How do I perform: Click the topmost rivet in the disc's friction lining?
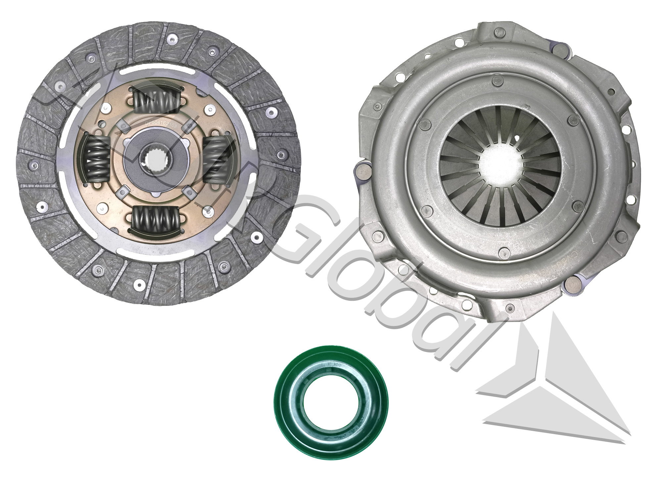[x=171, y=39]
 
